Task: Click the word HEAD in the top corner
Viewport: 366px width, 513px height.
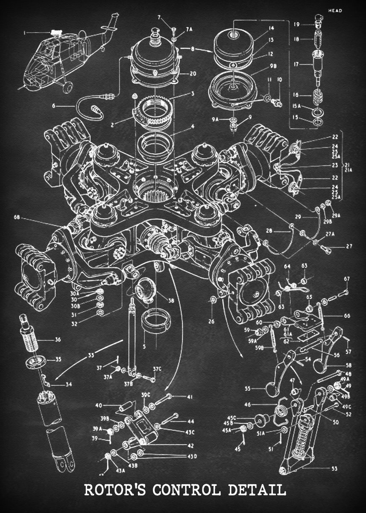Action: (x=336, y=11)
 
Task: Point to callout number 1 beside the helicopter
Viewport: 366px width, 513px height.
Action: (x=25, y=32)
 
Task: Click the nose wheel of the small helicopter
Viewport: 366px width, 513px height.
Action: (x=67, y=88)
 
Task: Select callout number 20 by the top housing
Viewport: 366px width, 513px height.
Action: (x=193, y=74)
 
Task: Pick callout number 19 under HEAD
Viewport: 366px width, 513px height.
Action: (x=296, y=24)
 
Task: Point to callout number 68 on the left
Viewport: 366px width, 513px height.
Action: (x=17, y=218)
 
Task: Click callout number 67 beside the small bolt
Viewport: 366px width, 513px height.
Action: (x=347, y=279)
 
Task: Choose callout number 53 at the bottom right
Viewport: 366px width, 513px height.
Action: (x=334, y=469)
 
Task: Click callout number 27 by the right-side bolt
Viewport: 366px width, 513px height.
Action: (x=349, y=246)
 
